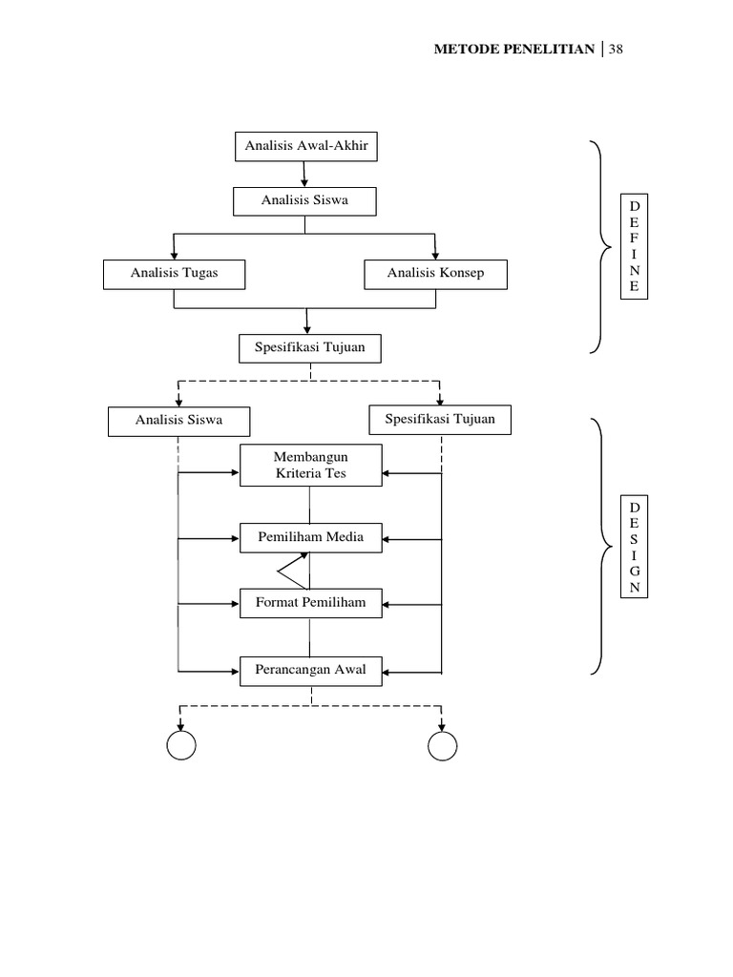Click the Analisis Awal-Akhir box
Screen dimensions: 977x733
pyautogui.click(x=305, y=147)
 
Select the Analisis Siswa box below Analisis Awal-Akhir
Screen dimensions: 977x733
pyautogui.click(x=305, y=200)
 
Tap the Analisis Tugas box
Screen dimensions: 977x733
pyautogui.click(x=174, y=274)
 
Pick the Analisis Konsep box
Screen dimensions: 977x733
pyautogui.click(x=435, y=274)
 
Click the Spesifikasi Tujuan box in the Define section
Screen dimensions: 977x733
pyautogui.click(x=309, y=349)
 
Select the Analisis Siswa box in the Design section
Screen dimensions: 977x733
pyautogui.click(x=178, y=421)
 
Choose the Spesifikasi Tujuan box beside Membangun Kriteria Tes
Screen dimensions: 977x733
pyautogui.click(x=439, y=419)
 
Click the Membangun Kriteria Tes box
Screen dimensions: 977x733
pyautogui.click(x=309, y=466)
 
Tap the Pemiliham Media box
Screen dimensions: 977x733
pyautogui.click(x=310, y=538)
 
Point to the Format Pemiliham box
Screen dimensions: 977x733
pyautogui.click(x=310, y=602)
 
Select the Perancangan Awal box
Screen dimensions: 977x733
pyautogui.click(x=310, y=670)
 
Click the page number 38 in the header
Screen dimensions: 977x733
pyautogui.click(x=616, y=49)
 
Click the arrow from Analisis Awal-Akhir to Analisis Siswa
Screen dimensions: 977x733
pyautogui.click(x=305, y=174)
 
